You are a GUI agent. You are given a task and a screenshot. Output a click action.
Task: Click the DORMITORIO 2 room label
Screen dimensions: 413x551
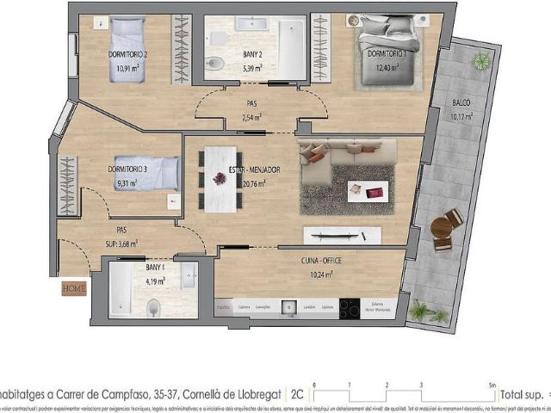pyautogui.click(x=127, y=54)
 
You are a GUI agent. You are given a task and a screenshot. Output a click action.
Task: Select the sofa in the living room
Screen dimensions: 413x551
pyautogui.click(x=327, y=165)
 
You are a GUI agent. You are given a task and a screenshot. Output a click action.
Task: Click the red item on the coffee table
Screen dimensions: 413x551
pyautogui.click(x=373, y=193)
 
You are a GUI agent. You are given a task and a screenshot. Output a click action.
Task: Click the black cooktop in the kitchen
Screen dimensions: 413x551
pyautogui.click(x=349, y=308)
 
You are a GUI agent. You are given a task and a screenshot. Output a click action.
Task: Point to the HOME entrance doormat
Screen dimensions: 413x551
pyautogui.click(x=73, y=289)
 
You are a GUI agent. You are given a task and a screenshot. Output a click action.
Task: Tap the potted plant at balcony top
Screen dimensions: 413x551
pyautogui.click(x=480, y=60)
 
